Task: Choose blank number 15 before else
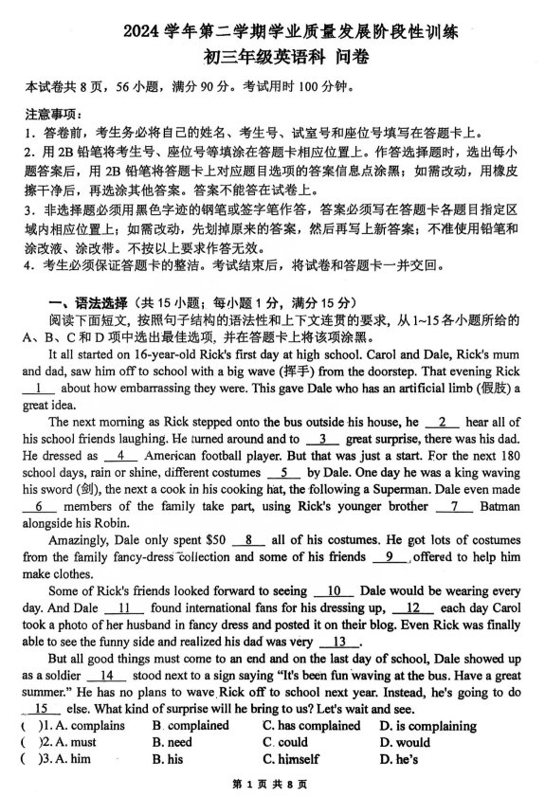pyautogui.click(x=40, y=709)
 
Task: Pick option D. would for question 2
pyautogui.click(x=405, y=743)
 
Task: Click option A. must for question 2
pyautogui.click(x=69, y=743)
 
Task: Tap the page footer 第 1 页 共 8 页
pyautogui.click(x=272, y=785)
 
